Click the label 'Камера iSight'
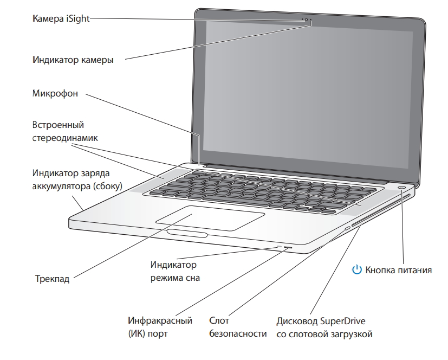60,18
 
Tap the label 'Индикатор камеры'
72,60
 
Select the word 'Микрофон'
55,94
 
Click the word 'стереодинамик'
64,138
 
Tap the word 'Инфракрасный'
160,321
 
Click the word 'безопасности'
238,334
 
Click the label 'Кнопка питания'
399,269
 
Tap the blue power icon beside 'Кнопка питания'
356,269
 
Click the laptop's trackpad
210,218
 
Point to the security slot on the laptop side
347,229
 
